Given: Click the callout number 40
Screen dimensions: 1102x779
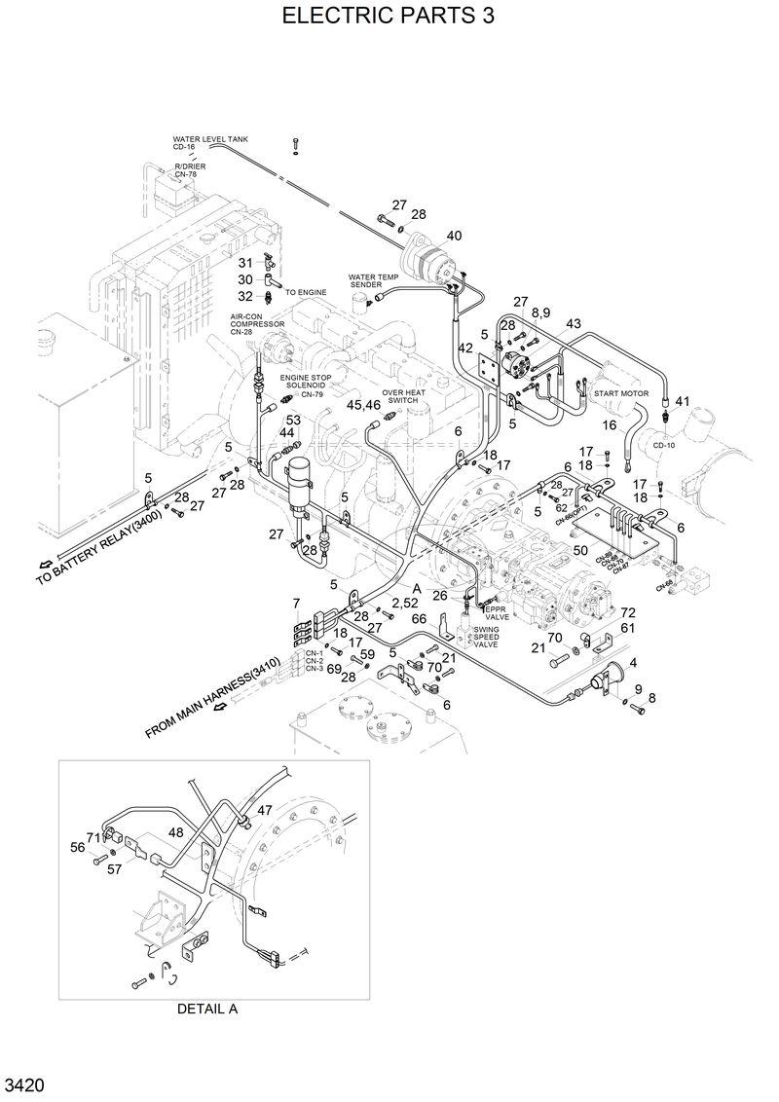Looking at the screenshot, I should point(454,236).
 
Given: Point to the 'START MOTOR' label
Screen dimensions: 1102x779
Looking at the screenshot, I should point(621,393).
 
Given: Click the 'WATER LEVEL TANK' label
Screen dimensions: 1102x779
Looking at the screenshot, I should point(210,139).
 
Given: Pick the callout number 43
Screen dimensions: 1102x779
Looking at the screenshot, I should point(573,323).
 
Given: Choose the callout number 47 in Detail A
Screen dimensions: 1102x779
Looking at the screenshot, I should point(265,810).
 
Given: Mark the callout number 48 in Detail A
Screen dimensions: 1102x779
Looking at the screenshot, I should point(175,832).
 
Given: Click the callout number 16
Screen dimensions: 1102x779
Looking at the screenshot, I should point(610,425).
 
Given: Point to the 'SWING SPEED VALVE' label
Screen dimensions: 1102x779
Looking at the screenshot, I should point(486,637).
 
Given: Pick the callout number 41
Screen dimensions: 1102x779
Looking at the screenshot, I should point(682,401).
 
